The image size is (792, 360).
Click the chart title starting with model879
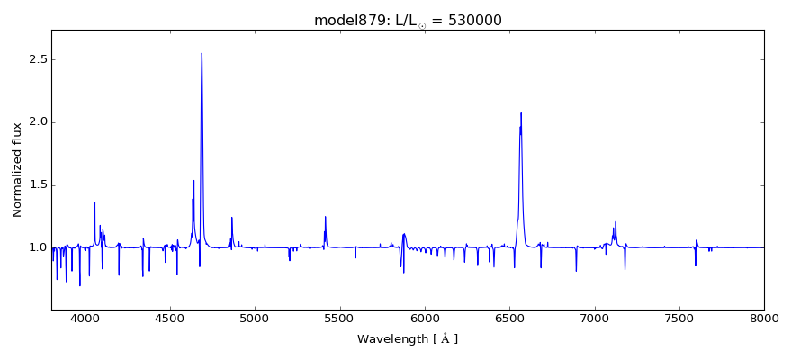coord(408,21)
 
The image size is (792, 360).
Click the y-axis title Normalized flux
coord(17,170)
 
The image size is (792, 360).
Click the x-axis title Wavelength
coord(408,339)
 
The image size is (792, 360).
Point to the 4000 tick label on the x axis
coord(85,319)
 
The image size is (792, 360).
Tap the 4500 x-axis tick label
coord(170,319)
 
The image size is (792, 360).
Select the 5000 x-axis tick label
coord(255,319)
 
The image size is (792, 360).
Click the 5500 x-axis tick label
coord(339,319)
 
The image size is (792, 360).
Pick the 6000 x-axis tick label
coord(425,319)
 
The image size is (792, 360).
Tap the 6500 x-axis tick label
coord(509,319)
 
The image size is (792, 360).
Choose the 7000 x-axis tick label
coord(595,319)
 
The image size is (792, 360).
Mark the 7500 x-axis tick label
coord(679,319)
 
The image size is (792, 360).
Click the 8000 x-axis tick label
coord(764,319)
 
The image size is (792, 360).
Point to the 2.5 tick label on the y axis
coord(37,59)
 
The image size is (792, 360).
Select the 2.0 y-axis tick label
coord(37,122)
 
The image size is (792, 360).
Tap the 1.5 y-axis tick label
coord(37,185)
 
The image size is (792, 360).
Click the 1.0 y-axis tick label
coord(37,247)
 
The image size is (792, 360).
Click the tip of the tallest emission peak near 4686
coord(202,53)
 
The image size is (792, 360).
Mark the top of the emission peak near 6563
coord(521,113)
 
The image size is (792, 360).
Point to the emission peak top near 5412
coord(325,216)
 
